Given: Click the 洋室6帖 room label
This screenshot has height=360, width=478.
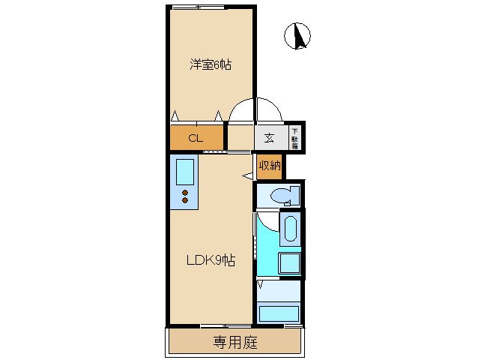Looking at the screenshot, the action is tap(211, 64).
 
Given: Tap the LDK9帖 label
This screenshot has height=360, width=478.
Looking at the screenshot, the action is tap(211, 260).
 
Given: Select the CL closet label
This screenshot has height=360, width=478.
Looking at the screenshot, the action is tap(196, 138).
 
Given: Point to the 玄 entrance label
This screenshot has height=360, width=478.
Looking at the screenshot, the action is tap(268, 138).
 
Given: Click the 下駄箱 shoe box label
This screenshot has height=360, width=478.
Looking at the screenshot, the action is tap(294, 139).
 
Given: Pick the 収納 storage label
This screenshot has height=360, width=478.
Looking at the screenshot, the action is tap(270, 166).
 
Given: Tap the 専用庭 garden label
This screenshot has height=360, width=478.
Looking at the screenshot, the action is tap(235, 342).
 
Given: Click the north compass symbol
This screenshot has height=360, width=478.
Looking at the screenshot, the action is tap(297, 36).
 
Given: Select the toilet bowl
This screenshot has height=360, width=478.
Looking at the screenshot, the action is tap(285, 195).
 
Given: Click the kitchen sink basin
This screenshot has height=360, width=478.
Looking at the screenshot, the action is tap(185, 172).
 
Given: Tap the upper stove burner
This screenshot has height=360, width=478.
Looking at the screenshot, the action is tap(185, 193).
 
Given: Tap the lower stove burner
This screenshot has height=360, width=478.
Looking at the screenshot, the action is tap(185, 200).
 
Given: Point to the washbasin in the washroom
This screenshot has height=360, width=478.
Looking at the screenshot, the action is tap(290, 229).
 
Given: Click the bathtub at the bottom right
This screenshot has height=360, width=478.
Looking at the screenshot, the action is tap(279, 313).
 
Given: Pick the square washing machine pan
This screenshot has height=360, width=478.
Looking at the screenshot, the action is tap(290, 263).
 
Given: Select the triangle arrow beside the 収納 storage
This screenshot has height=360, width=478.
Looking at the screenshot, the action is tap(247, 176).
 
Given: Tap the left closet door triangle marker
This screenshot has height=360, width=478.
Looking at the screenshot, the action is tap(175, 116).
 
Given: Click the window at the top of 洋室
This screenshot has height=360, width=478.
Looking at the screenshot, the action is tap(199, 7).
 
